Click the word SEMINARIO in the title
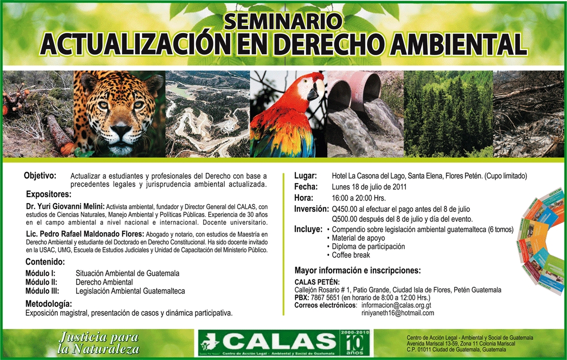point(283,21)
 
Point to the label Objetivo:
point(40,176)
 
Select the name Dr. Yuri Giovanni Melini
point(65,207)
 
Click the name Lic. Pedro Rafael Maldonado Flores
point(85,234)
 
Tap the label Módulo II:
point(41,282)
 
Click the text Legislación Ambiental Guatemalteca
point(130,291)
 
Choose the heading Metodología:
point(48,304)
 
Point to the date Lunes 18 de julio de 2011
point(369,187)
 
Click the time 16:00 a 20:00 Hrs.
point(359,198)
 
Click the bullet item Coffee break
point(351,255)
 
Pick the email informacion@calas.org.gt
point(396,305)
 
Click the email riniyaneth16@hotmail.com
point(398,313)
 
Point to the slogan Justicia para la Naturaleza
point(98,342)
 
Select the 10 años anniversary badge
point(355,342)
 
